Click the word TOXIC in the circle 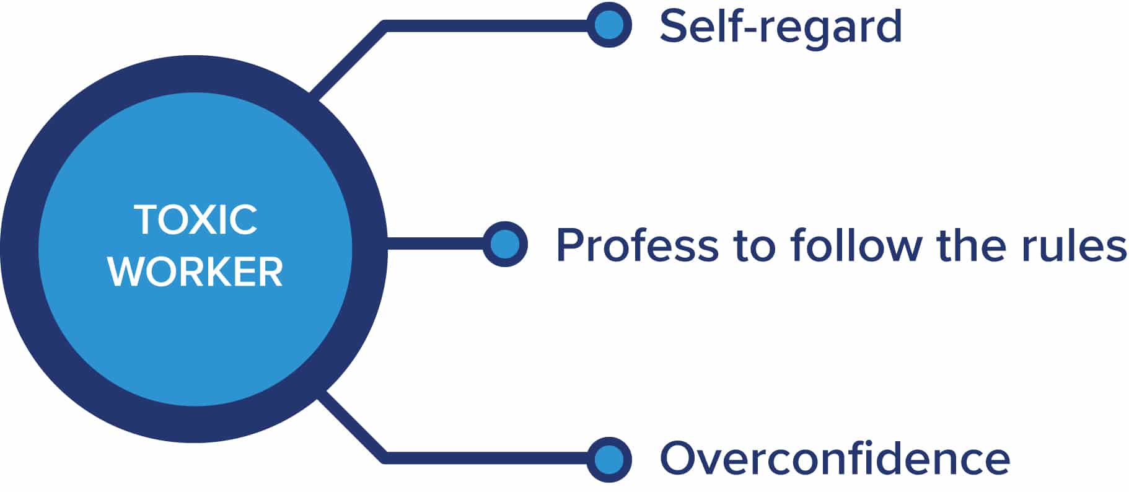pyautogui.click(x=195, y=219)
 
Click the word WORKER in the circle pyautogui.click(x=195, y=271)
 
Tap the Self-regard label pyautogui.click(x=781, y=25)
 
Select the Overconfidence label pyautogui.click(x=835, y=459)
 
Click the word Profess pyautogui.click(x=637, y=245)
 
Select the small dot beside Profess pyautogui.click(x=505, y=244)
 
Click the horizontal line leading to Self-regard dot pyautogui.click(x=486, y=25)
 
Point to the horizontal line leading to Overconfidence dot pyautogui.click(x=486, y=459)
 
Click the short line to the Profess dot pyautogui.click(x=436, y=244)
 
